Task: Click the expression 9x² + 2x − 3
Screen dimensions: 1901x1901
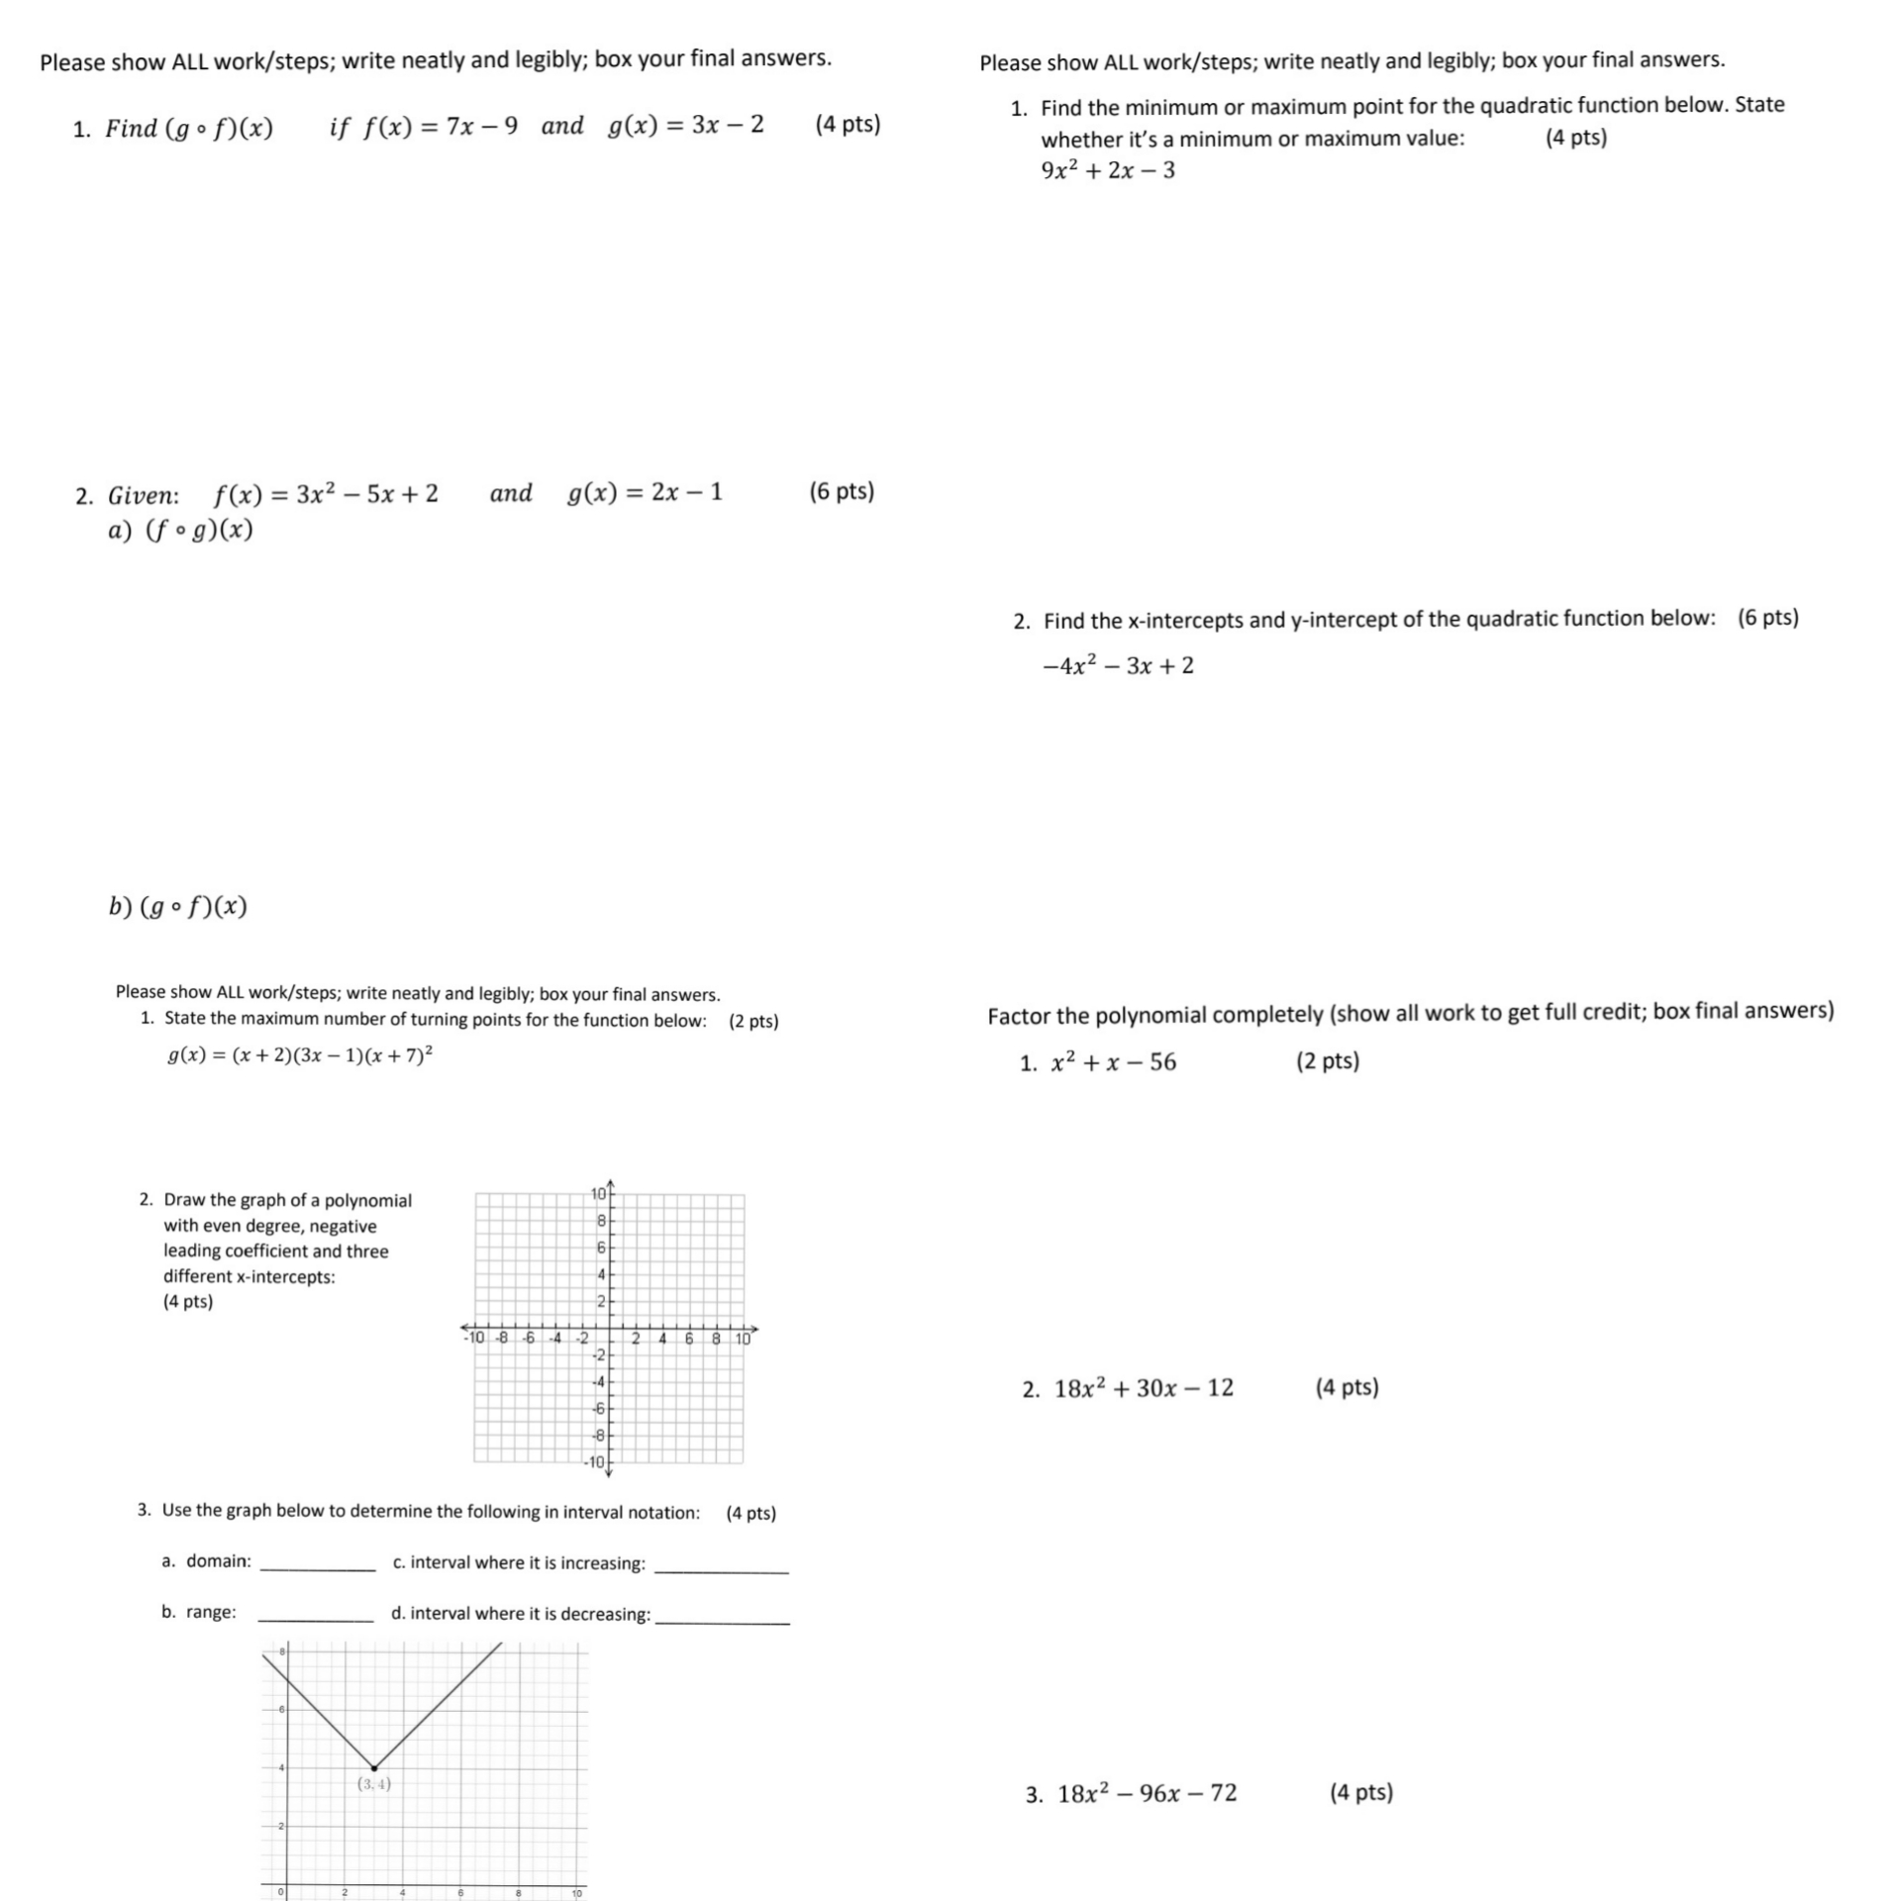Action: [x=1108, y=170]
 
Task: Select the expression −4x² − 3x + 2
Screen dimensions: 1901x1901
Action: [x=1118, y=665]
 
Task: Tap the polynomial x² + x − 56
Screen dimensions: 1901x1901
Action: [x=1114, y=1062]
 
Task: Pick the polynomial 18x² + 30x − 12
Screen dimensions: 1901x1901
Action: [x=1144, y=1388]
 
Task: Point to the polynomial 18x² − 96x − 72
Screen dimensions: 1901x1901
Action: [x=1147, y=1793]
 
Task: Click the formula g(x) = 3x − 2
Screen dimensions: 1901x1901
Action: [x=686, y=125]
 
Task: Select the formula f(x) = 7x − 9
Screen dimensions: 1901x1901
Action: [x=441, y=127]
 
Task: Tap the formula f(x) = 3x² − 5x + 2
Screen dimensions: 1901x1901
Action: [x=327, y=493]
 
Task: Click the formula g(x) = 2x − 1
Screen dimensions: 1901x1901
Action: [x=646, y=492]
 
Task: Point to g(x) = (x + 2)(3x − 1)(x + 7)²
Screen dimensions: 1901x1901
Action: [x=300, y=1055]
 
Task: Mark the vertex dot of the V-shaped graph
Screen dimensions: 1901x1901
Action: [x=373, y=1767]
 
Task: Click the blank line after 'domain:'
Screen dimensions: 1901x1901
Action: [x=317, y=1567]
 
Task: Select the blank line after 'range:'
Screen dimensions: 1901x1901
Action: [x=316, y=1618]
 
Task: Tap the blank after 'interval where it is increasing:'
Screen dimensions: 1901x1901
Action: [x=722, y=1569]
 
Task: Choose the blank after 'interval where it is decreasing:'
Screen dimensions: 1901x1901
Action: [x=723, y=1620]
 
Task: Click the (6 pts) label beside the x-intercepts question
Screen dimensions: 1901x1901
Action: [x=1767, y=618]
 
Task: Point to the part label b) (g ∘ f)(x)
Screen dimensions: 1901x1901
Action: [x=178, y=906]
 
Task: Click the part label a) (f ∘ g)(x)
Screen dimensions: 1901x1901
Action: [x=180, y=531]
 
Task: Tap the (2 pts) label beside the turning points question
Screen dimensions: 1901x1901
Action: [x=753, y=1021]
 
